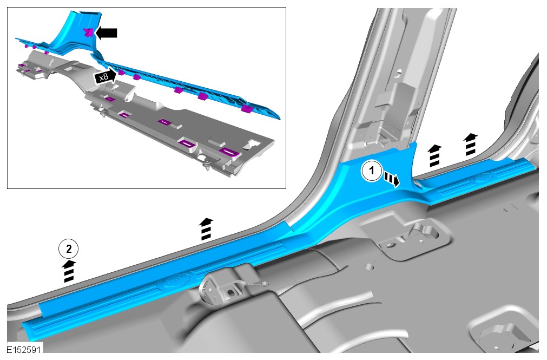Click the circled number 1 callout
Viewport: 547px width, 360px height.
[371, 171]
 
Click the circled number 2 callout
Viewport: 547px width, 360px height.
[68, 249]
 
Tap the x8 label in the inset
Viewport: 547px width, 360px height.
[104, 76]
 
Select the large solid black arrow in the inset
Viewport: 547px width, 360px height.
[106, 33]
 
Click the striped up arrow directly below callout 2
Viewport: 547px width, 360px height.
[69, 271]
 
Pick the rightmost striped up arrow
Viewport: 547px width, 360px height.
[471, 144]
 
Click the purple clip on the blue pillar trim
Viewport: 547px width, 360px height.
[89, 33]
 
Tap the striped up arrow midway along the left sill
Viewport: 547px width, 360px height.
[207, 229]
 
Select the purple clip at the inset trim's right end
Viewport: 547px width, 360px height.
[247, 109]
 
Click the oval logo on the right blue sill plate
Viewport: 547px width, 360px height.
[484, 178]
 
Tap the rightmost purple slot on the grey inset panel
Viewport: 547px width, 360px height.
[228, 152]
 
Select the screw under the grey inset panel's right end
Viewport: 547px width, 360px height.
[207, 165]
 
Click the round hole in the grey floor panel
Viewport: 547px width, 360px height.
[369, 268]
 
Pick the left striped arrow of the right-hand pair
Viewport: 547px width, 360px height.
[434, 156]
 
